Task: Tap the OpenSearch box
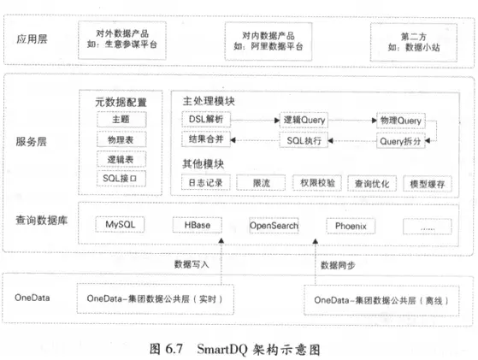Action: pyautogui.click(x=273, y=226)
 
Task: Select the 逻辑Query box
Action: pyautogui.click(x=304, y=121)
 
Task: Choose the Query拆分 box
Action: pyautogui.click(x=400, y=139)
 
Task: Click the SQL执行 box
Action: pyautogui.click(x=304, y=139)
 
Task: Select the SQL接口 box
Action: pyautogui.click(x=120, y=178)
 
